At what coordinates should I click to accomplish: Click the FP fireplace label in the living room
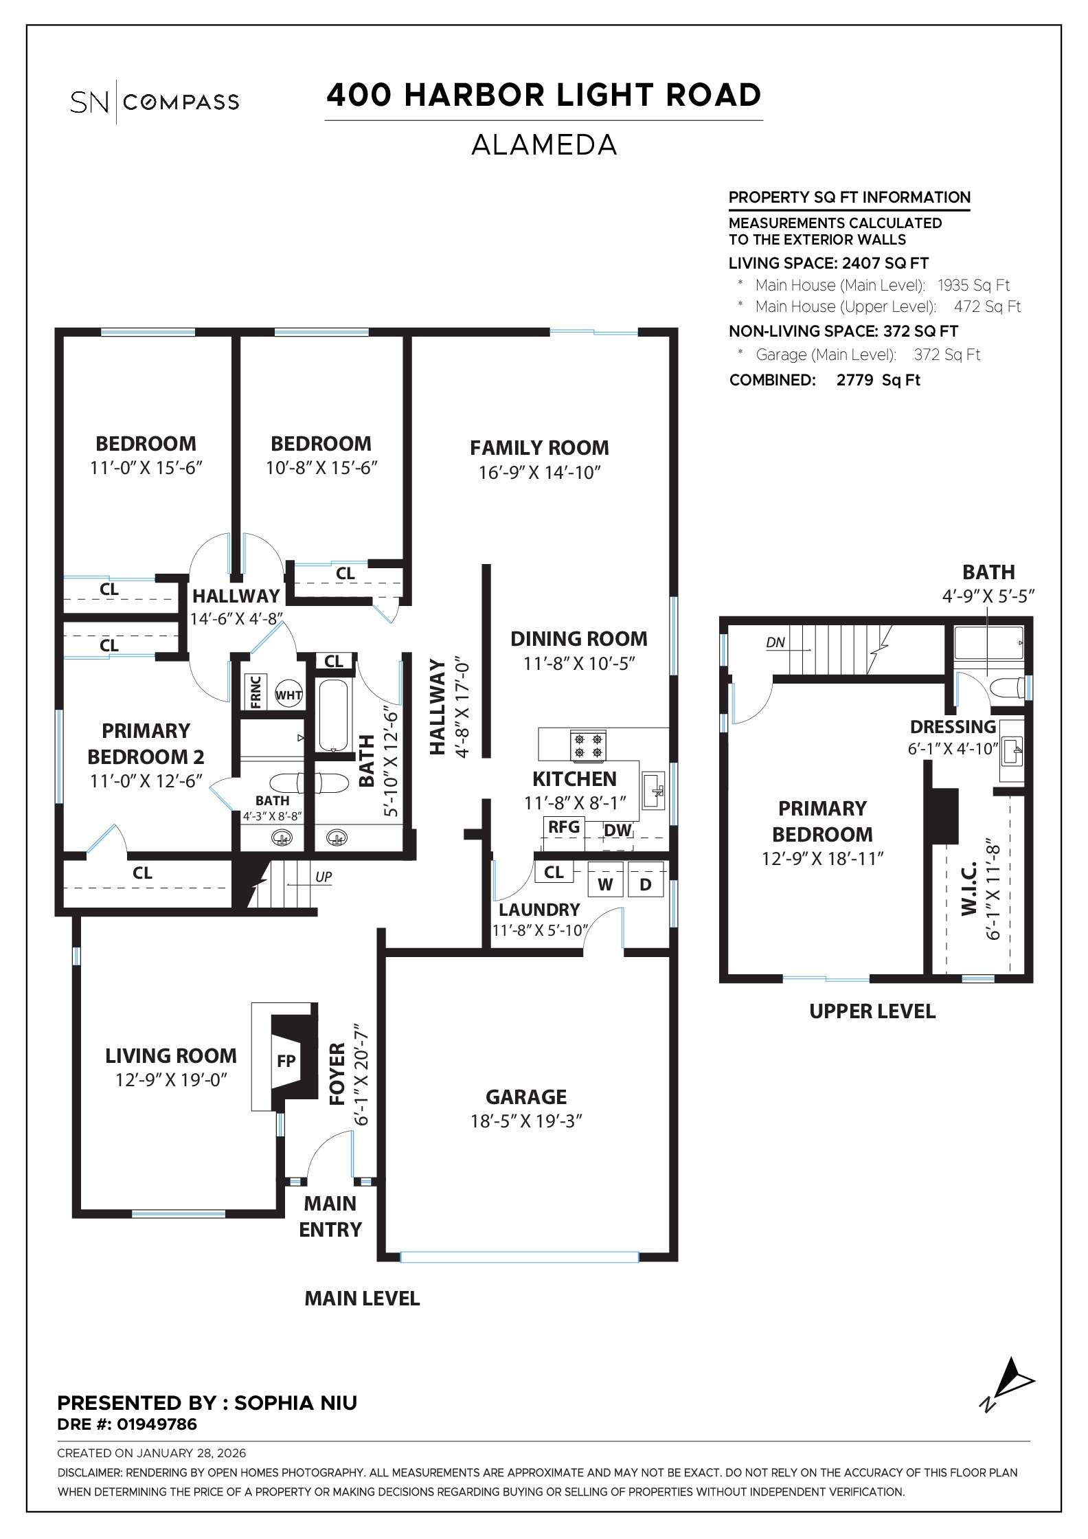point(286,1061)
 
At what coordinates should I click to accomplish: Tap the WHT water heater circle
point(288,695)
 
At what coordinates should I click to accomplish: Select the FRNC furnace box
point(255,692)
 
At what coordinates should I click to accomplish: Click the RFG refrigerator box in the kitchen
point(563,827)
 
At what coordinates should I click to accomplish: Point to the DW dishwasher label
point(617,830)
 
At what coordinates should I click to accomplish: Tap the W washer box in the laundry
point(605,884)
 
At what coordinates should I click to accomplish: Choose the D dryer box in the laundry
point(646,884)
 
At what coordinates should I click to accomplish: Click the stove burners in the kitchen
point(589,746)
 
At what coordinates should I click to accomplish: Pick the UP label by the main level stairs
point(324,877)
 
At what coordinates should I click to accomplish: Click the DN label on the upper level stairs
point(775,642)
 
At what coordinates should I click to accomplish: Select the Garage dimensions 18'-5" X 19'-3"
point(526,1121)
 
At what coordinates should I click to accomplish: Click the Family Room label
point(539,448)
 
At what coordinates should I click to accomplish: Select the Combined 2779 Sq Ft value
point(878,380)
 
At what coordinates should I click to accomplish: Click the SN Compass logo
point(155,102)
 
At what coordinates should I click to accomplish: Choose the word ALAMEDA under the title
point(543,145)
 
